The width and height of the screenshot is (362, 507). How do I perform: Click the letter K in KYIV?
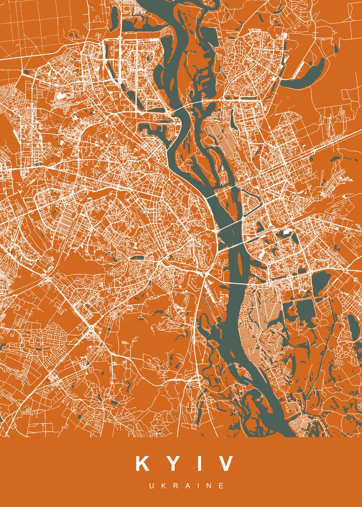[x=142, y=463]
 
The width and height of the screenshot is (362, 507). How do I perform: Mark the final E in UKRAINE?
[x=221, y=486]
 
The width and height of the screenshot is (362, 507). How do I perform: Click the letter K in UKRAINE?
[x=163, y=486]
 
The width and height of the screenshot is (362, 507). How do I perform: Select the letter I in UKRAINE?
[x=198, y=486]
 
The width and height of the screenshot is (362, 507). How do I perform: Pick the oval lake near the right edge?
[x=352, y=327]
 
